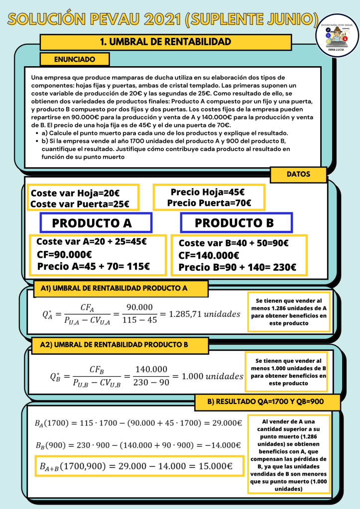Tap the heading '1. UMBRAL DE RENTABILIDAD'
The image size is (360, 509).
pyautogui.click(x=165, y=42)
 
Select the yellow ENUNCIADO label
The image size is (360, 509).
pyautogui.click(x=74, y=59)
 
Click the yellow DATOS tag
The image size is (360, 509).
pyautogui.click(x=298, y=175)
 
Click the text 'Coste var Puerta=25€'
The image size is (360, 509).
pyautogui.click(x=80, y=204)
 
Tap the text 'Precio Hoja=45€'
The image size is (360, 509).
pyautogui.click(x=208, y=192)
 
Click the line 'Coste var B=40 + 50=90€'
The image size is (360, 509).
pyautogui.click(x=234, y=243)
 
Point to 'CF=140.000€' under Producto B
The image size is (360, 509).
pyautogui.click(x=209, y=255)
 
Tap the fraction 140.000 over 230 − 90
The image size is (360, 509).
pyautogui.click(x=151, y=376)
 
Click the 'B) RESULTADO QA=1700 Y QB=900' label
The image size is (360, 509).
pyautogui.click(x=273, y=402)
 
